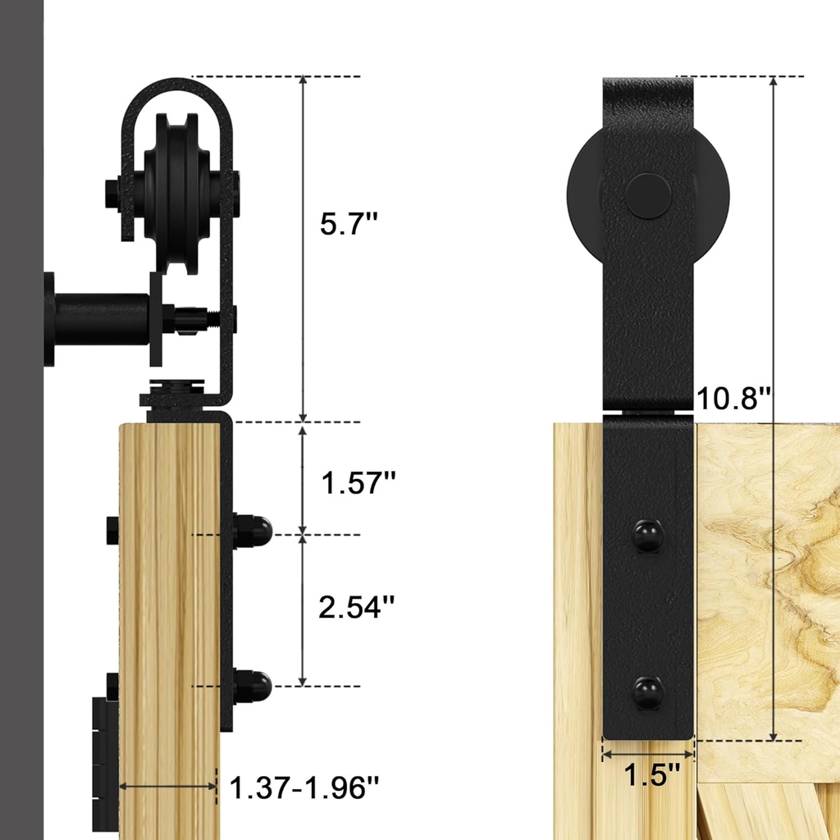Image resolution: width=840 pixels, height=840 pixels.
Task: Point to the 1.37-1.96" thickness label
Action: tap(304, 789)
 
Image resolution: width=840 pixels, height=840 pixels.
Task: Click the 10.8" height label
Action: tap(733, 399)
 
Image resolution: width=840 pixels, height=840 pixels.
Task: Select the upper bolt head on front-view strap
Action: tap(648, 536)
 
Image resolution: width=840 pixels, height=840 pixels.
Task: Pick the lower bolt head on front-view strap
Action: tap(648, 693)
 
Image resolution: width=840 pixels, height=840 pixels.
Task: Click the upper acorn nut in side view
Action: tap(253, 532)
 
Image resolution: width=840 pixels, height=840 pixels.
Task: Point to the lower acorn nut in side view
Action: tap(253, 685)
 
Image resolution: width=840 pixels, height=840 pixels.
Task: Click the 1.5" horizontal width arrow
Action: tap(648, 751)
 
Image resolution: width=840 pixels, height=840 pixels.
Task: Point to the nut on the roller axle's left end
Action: tap(113, 195)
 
